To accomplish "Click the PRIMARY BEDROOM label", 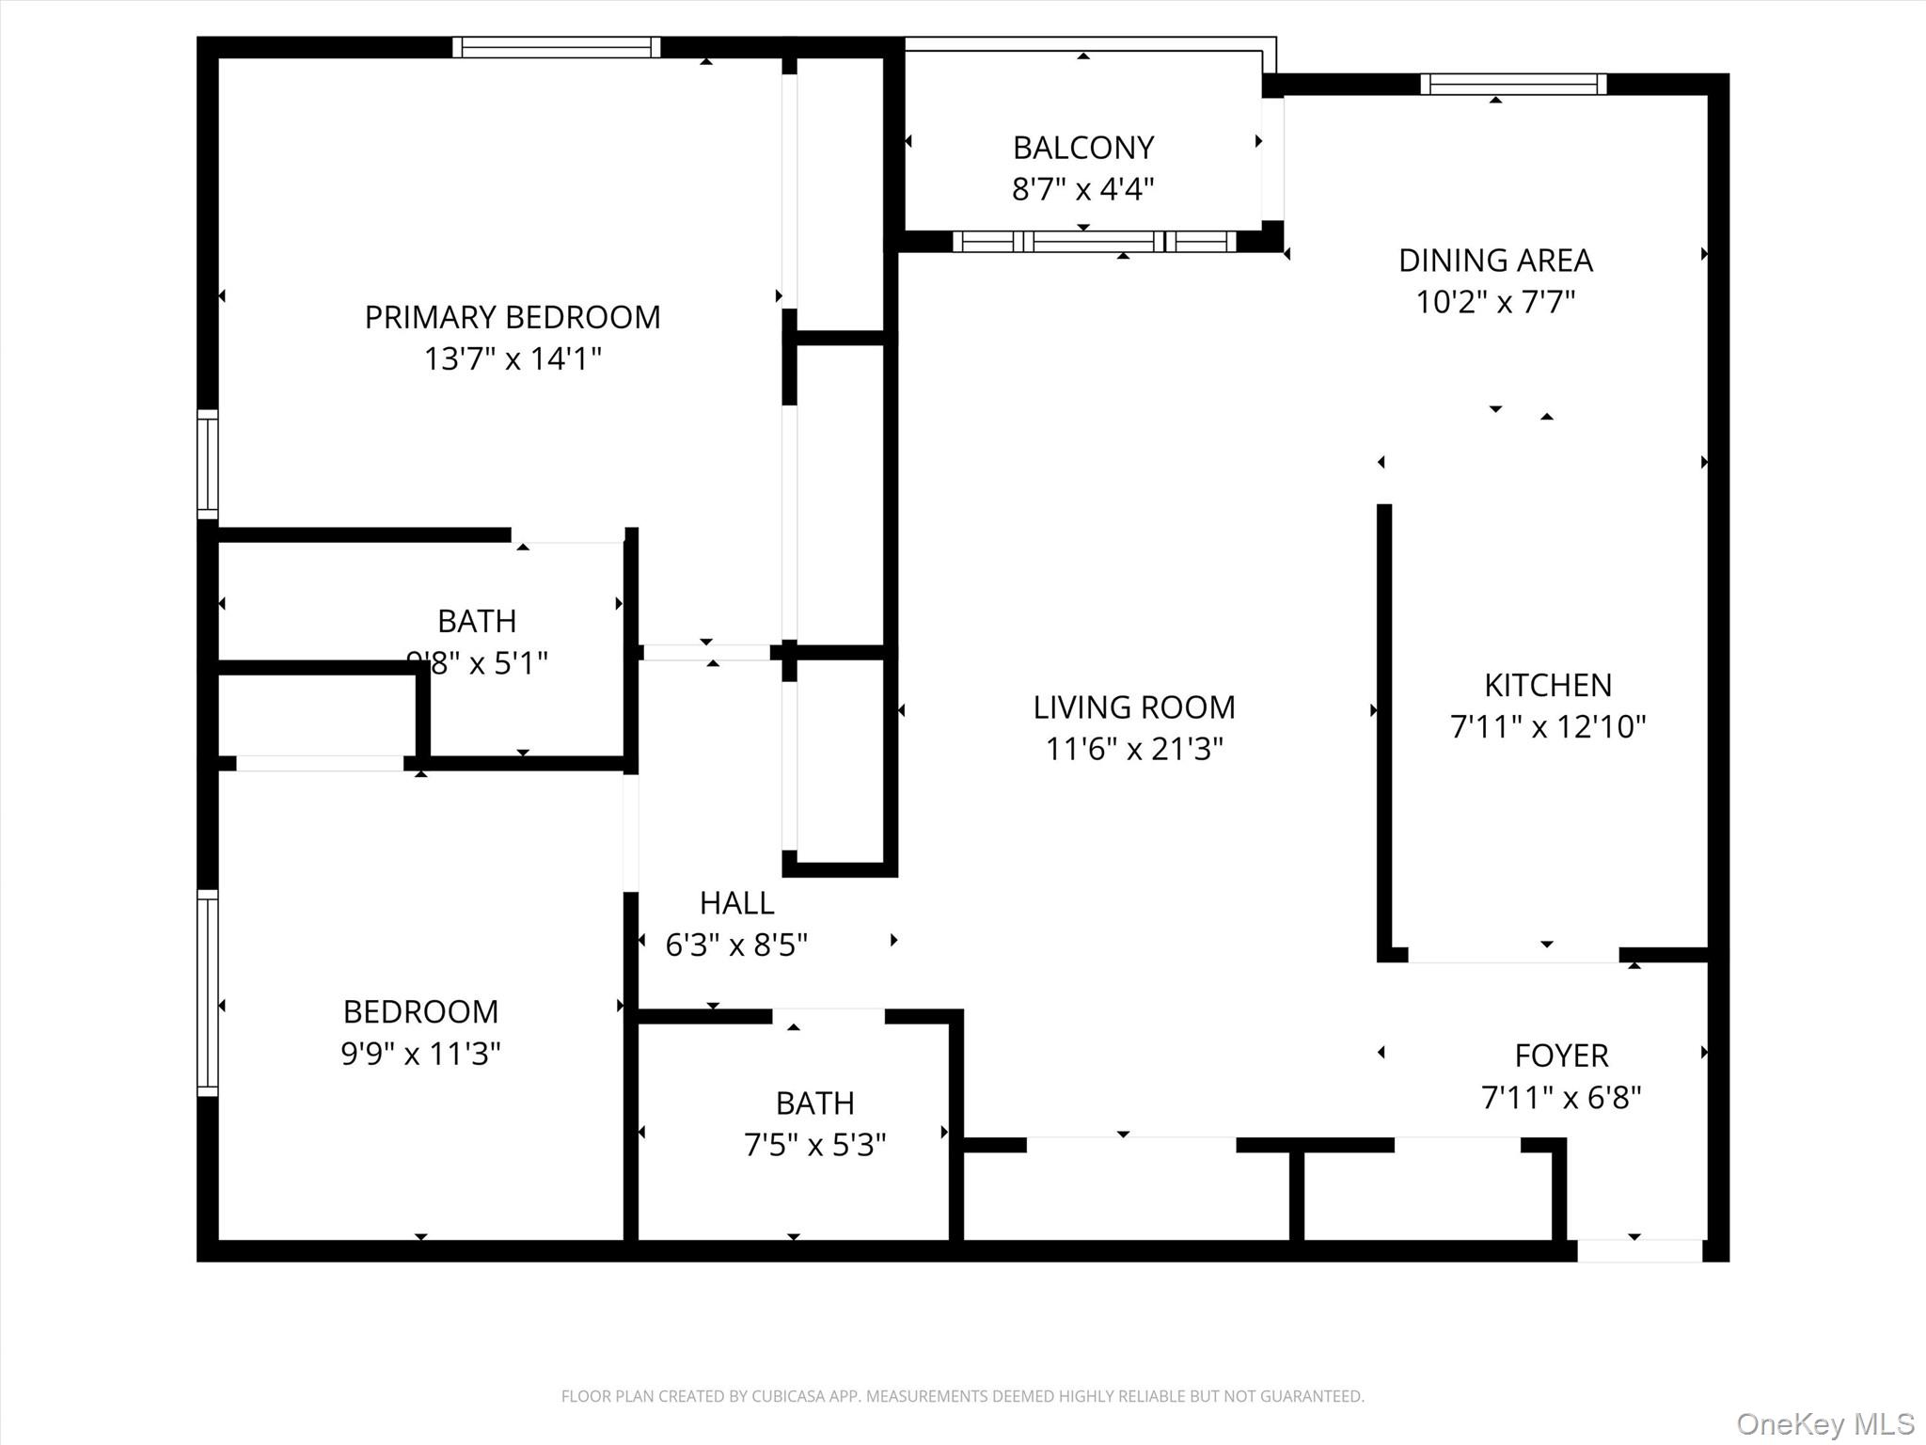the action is point(513,317).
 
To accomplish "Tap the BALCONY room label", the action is point(1083,148).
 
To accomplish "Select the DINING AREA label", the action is point(1495,260).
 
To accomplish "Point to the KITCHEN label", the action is point(1548,685).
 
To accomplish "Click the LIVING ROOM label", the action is point(1134,707).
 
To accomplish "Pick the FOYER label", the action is point(1561,1056).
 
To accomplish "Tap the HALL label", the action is point(736,903).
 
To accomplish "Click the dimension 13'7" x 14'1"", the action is point(513,358).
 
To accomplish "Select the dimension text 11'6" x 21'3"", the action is point(1134,749).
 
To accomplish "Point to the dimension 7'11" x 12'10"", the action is point(1548,726).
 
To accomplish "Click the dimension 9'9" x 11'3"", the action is point(420,1054).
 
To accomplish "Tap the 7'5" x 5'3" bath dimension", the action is point(815,1145).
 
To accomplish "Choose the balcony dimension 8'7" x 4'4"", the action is point(1083,189).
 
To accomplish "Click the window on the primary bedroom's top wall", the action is point(557,47).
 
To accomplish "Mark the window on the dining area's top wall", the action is point(1513,85).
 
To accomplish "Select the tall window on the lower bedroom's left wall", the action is point(208,992).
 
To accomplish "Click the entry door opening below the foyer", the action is point(1639,1250).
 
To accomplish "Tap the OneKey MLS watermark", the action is point(1825,1424).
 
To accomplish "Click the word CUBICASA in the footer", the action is point(787,1396).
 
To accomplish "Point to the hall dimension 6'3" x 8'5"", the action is point(736,945).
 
